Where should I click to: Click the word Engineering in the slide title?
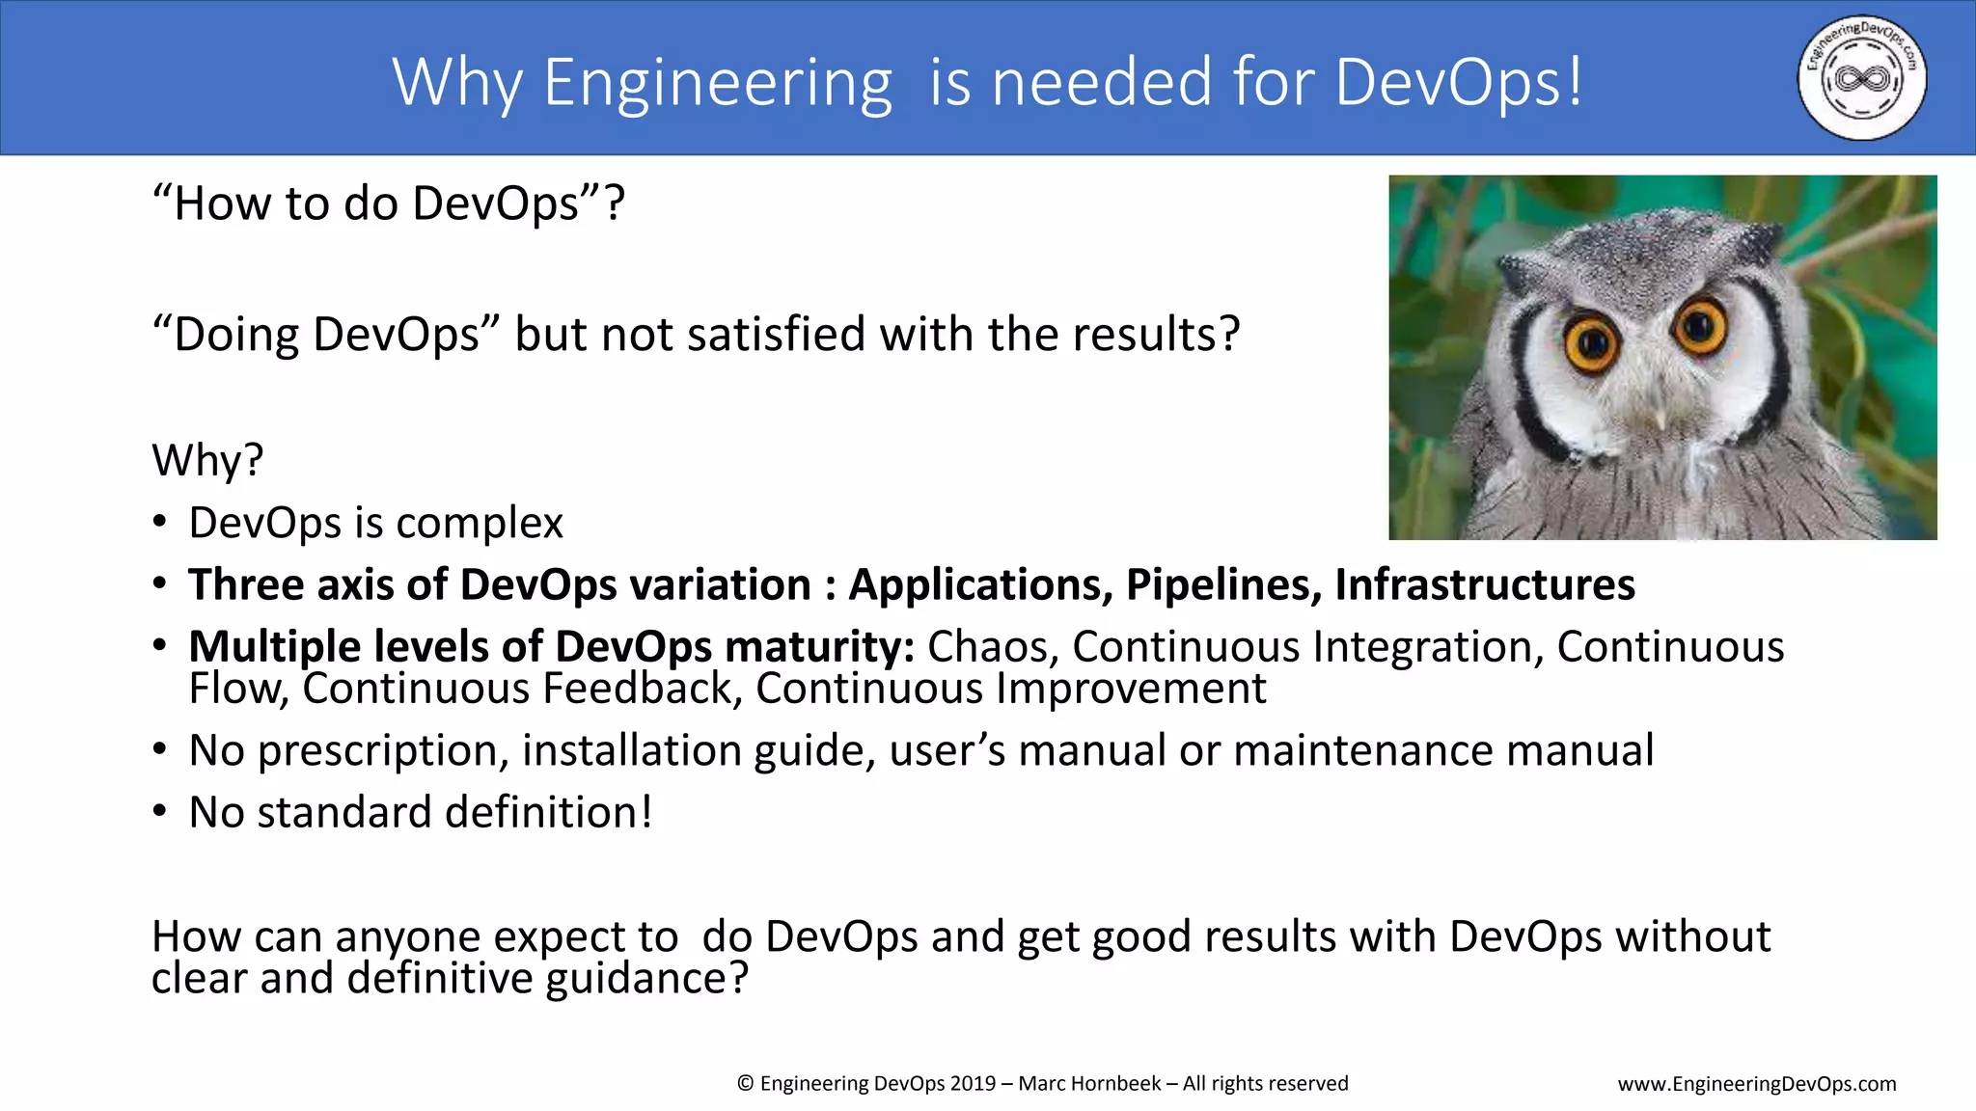click(x=718, y=83)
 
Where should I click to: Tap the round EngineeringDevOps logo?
click(x=1861, y=77)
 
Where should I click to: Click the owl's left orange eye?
click(x=1591, y=342)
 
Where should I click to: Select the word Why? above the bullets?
click(x=207, y=460)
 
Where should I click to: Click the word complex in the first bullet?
click(x=480, y=524)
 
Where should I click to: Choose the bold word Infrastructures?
click(x=1485, y=584)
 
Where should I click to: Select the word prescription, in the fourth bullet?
click(x=383, y=751)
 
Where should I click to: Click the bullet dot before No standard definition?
click(x=160, y=811)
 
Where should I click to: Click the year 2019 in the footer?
click(x=973, y=1083)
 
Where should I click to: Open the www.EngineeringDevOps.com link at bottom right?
click(x=1756, y=1084)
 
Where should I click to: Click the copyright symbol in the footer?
click(x=745, y=1083)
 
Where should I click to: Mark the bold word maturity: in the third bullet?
click(x=819, y=646)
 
